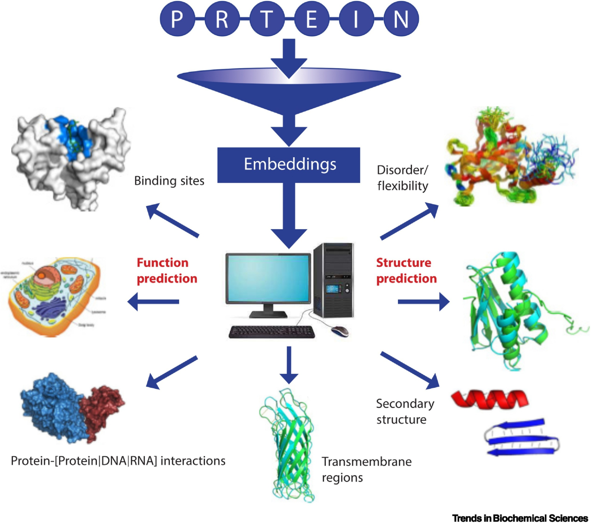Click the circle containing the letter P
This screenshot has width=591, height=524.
tap(177, 19)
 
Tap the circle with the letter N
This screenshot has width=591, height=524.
tap(401, 19)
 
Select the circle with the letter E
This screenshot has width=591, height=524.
tap(311, 19)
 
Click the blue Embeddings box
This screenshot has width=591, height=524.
tap(289, 165)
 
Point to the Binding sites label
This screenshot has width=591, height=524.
tap(169, 181)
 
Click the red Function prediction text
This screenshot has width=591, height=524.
tap(166, 270)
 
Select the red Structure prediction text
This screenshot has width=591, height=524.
tap(406, 270)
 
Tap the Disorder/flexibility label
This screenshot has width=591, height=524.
tap(402, 178)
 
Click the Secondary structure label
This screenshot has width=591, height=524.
tap(405, 411)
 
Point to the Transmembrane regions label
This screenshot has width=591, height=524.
tap(366, 469)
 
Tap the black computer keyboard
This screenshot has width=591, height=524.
tap(272, 332)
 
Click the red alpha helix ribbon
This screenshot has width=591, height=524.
tap(490, 399)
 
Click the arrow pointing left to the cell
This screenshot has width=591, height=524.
tap(153, 301)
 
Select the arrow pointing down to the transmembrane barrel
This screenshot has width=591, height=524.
tap(289, 365)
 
